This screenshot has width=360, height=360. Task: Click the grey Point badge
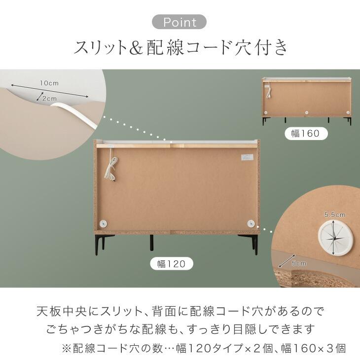tap(180, 22)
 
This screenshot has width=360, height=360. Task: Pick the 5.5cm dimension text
tap(335, 215)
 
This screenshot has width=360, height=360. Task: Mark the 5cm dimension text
tap(299, 263)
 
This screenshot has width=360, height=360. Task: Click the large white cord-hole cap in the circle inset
tap(335, 239)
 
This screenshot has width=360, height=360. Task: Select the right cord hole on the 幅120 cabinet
tap(251, 223)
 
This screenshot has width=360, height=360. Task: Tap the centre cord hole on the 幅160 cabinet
tap(307, 112)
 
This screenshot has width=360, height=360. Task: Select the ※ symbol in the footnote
tap(67, 349)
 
